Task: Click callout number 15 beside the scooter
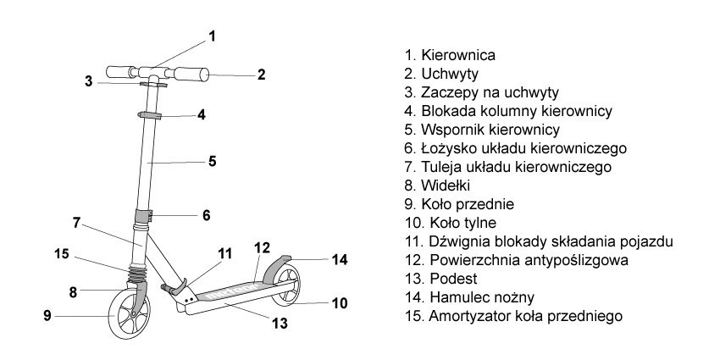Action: coord(61,252)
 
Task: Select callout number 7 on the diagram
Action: coord(76,223)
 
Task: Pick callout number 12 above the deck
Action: coord(262,247)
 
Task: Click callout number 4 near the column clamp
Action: coord(202,114)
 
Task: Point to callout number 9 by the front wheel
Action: coord(47,316)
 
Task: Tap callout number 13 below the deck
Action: coord(280,323)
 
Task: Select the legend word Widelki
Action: coord(449,186)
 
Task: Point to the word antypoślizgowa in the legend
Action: coord(575,260)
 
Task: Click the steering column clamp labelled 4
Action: coord(152,114)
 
